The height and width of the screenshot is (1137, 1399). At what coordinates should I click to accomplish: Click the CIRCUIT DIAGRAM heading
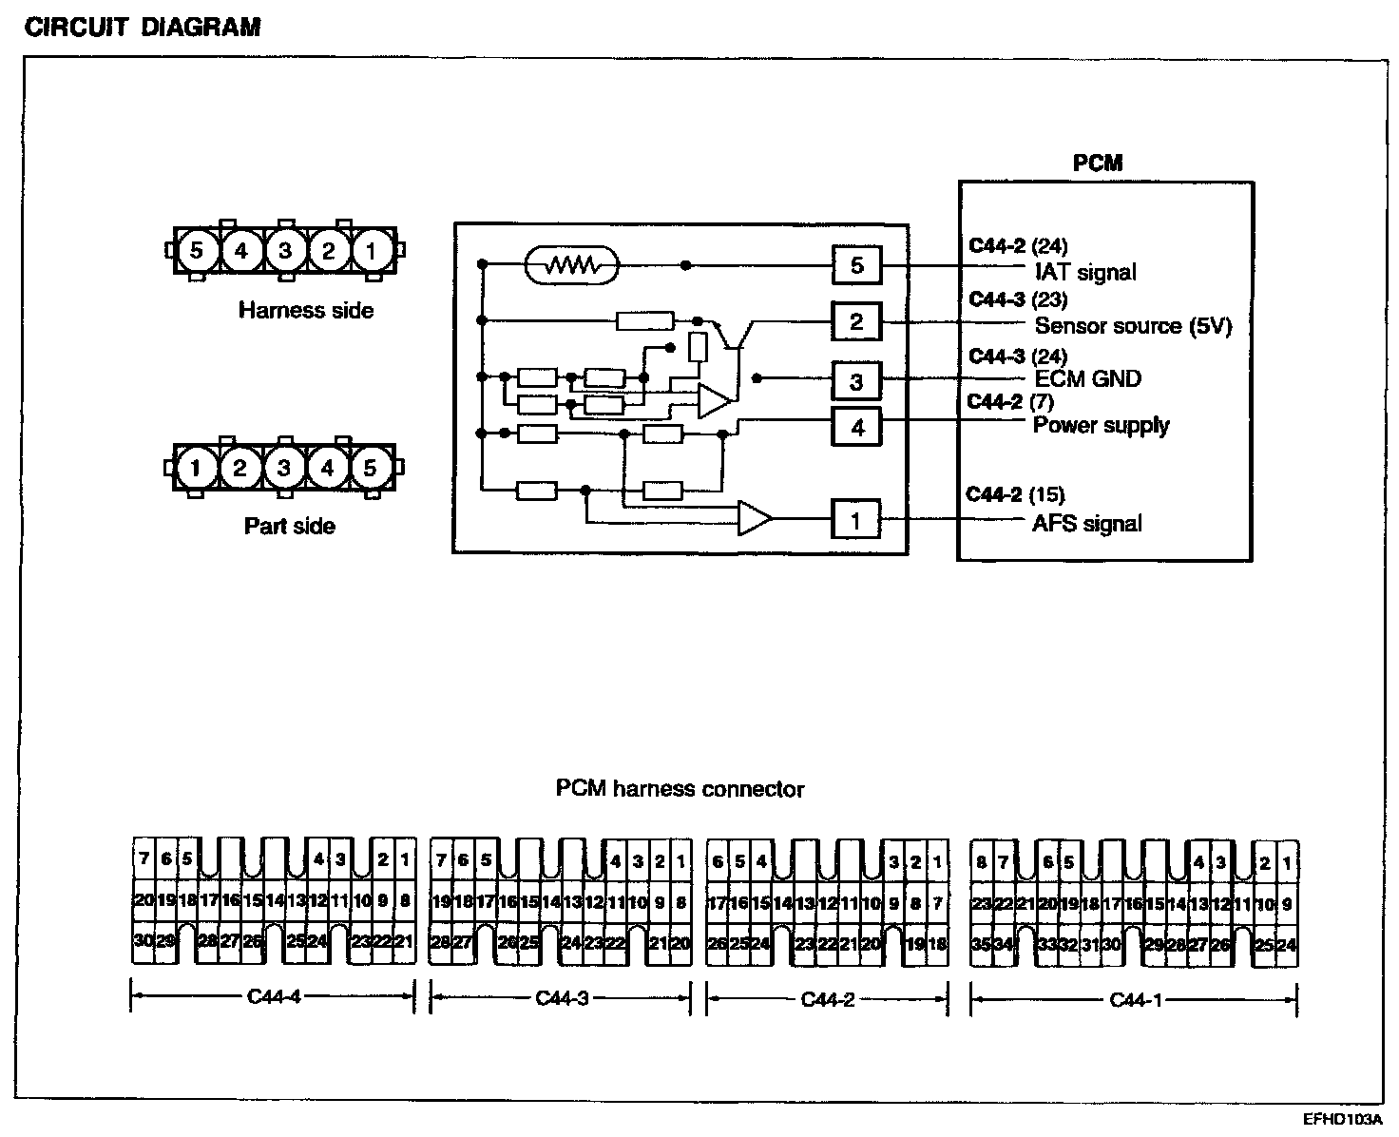[x=143, y=27]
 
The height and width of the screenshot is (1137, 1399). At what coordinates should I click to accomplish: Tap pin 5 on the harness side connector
[x=197, y=251]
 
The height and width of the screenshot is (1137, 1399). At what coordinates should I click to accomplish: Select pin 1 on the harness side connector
[x=372, y=251]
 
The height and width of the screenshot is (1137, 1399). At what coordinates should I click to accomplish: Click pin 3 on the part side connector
[x=283, y=468]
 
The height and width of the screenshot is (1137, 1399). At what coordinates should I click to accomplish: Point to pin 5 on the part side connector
[x=371, y=468]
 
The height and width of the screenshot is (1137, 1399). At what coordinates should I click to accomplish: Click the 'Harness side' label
[x=306, y=310]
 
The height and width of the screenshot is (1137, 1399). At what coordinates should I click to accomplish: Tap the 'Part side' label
[x=290, y=526]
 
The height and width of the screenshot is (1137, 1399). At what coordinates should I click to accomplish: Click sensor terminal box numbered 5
[x=856, y=265]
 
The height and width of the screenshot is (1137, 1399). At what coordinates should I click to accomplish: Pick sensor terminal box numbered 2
[x=856, y=322]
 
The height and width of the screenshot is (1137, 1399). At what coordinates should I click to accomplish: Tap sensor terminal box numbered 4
[x=856, y=427]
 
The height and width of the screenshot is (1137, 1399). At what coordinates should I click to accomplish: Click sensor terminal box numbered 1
[x=855, y=520]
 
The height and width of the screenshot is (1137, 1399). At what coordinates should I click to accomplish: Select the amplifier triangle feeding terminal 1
[x=755, y=518]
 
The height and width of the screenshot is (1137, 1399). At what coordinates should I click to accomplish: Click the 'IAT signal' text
[x=1085, y=273]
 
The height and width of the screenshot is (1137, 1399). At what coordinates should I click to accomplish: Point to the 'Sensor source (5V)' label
[x=1133, y=326]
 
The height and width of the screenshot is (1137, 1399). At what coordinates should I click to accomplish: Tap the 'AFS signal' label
[x=1086, y=523]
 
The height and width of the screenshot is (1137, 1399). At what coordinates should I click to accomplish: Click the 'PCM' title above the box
[x=1098, y=163]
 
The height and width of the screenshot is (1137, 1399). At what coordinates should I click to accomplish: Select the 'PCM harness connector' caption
[x=680, y=789]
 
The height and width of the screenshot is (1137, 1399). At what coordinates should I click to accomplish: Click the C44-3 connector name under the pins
[x=563, y=998]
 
